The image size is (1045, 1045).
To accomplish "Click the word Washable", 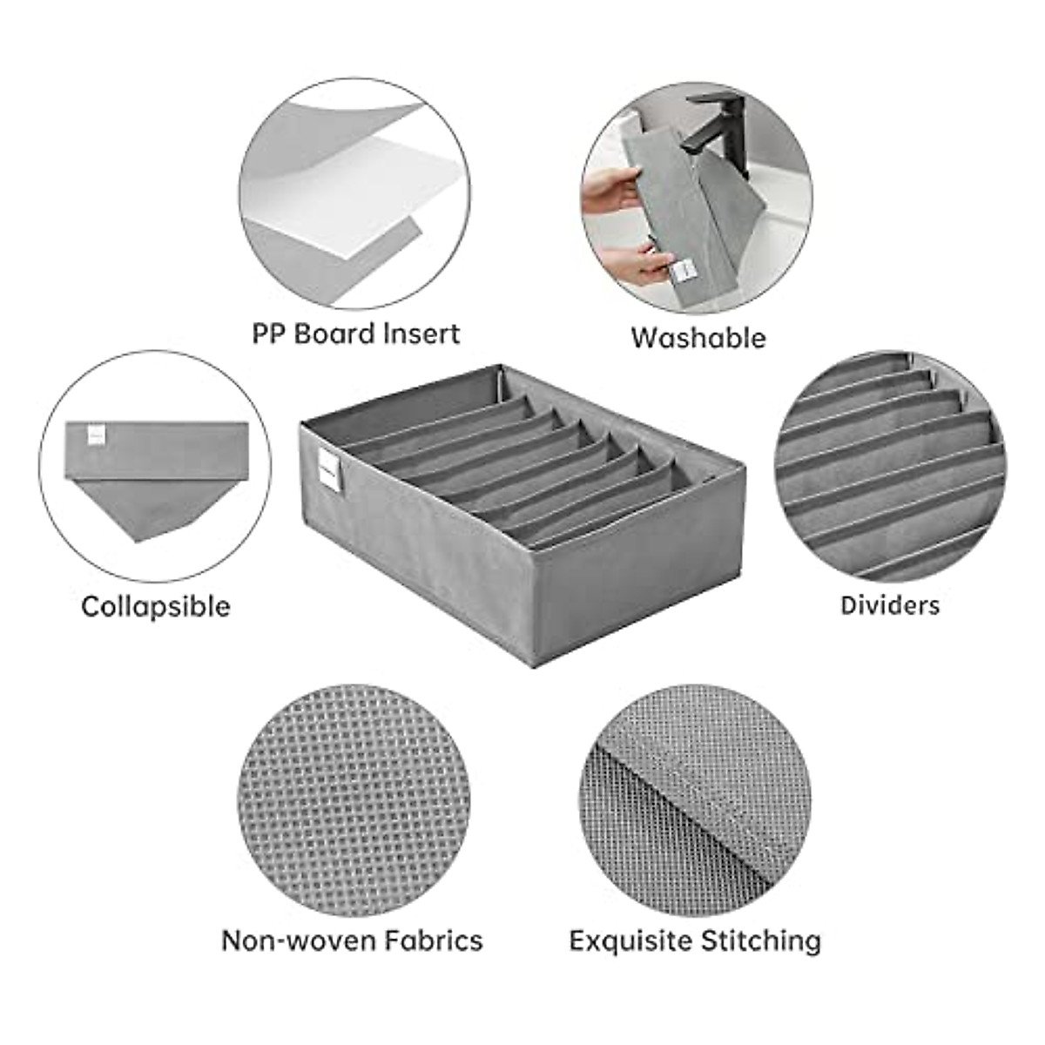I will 698,337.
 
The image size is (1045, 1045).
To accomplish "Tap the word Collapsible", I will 156,606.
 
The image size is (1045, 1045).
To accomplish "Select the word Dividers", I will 890,605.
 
